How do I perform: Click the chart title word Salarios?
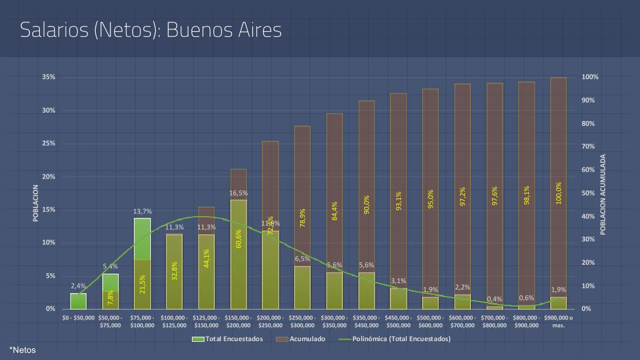(x=53, y=30)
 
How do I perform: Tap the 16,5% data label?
(x=238, y=193)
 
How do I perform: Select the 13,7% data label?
(x=143, y=211)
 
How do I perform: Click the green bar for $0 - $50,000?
(x=79, y=301)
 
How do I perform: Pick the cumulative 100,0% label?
(x=558, y=193)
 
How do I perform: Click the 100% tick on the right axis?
(x=590, y=77)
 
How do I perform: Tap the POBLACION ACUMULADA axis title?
(x=603, y=194)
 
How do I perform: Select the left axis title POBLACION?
(x=36, y=203)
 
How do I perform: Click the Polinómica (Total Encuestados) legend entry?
(x=401, y=339)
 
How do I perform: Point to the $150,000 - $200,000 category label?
(x=238, y=321)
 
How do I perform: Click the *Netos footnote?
(x=23, y=350)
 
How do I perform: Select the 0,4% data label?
(x=494, y=300)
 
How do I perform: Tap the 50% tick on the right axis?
(x=588, y=193)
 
